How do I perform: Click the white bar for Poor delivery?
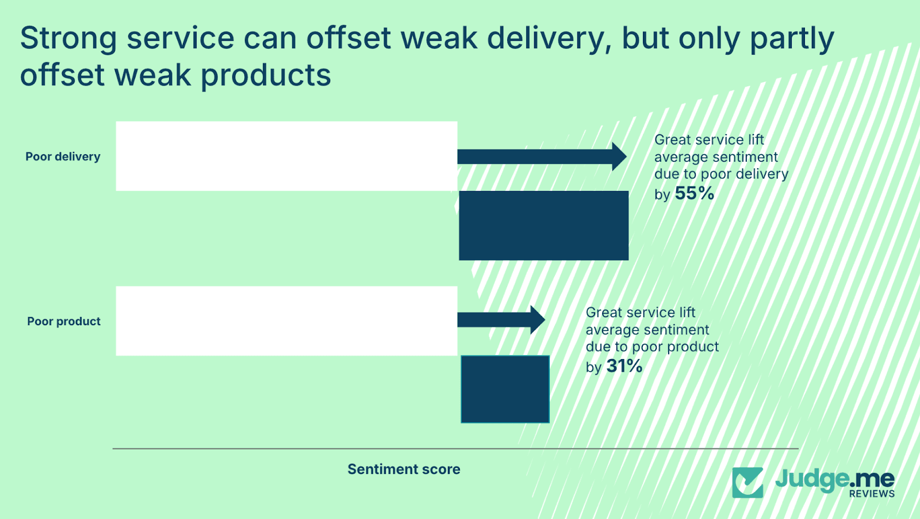pyautogui.click(x=286, y=156)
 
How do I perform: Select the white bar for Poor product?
pyautogui.click(x=286, y=321)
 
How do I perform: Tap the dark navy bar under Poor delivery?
pyautogui.click(x=543, y=226)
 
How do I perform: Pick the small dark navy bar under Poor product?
pyautogui.click(x=505, y=390)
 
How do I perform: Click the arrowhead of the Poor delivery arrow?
pyautogui.click(x=619, y=157)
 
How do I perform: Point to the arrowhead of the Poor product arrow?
pyautogui.click(x=538, y=320)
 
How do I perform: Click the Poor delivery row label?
pyautogui.click(x=63, y=157)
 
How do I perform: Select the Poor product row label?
pyautogui.click(x=63, y=322)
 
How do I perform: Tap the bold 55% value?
pyautogui.click(x=695, y=193)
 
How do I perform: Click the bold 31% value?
pyautogui.click(x=624, y=366)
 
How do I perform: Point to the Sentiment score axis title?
pyautogui.click(x=404, y=469)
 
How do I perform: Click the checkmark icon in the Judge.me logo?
pyautogui.click(x=747, y=482)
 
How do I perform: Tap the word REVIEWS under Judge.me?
pyautogui.click(x=872, y=494)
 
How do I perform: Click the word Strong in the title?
pyautogui.click(x=68, y=38)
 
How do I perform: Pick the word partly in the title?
pyautogui.click(x=792, y=39)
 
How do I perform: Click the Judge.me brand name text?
pyautogui.click(x=834, y=478)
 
